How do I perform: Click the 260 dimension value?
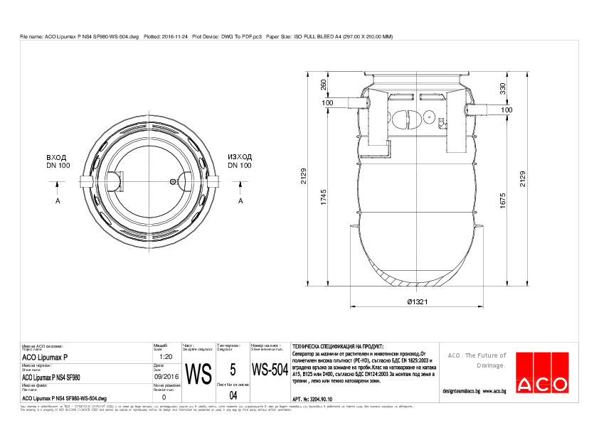pos(324,85)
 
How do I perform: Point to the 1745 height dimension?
pos(324,200)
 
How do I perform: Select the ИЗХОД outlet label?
pos(240,156)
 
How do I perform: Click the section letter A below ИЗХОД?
pos(240,201)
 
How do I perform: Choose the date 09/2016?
pos(166,377)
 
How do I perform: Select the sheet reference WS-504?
pos(269,370)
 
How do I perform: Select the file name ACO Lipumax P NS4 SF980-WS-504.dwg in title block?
pos(64,399)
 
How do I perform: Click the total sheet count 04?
pos(232,395)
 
